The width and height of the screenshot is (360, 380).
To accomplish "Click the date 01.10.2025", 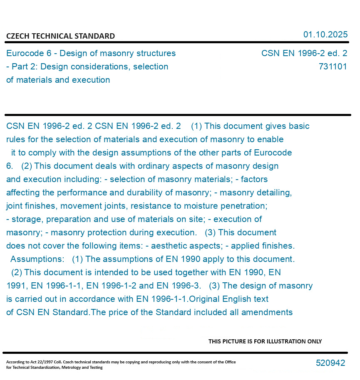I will tap(325, 35).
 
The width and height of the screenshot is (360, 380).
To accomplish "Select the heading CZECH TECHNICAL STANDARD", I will tap(60, 36).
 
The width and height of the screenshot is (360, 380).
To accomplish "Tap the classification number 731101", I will tap(333, 67).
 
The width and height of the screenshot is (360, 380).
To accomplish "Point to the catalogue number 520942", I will tap(330, 363).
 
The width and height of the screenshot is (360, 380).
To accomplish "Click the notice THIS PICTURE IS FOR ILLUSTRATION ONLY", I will tap(265, 341).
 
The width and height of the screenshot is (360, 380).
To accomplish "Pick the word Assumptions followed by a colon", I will tap(37, 259).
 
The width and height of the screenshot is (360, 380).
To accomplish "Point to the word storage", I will tap(26, 219).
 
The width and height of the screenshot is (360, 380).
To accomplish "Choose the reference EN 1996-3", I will tap(178, 286).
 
